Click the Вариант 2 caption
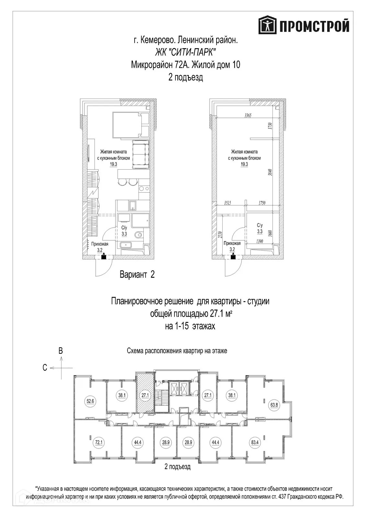137,274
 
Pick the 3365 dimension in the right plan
248,115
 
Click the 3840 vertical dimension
271,172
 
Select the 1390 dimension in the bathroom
260,241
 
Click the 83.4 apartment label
255,442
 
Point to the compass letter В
61,357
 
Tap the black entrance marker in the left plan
104,257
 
